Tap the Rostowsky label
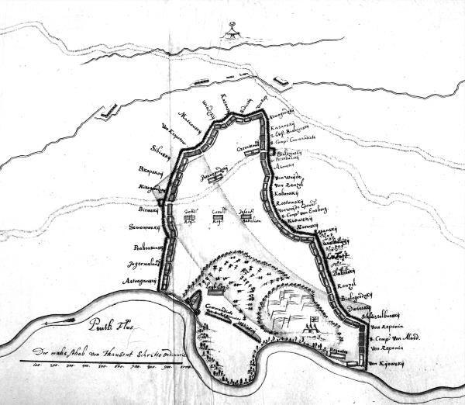pos(290,202)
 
